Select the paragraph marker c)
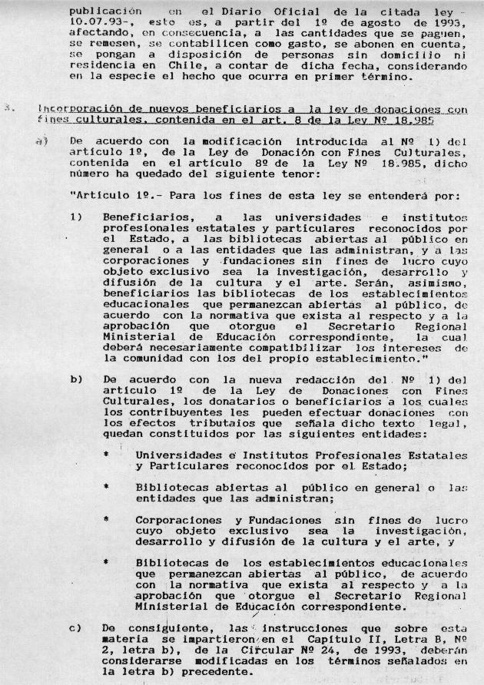coord(75,627)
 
